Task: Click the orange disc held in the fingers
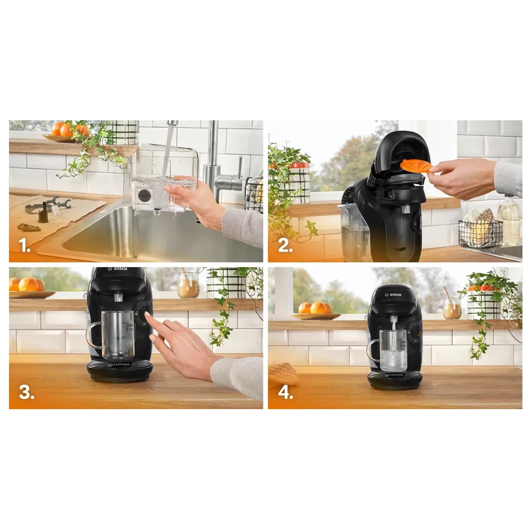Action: tap(416, 166)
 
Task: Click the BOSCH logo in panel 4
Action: tap(395, 294)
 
